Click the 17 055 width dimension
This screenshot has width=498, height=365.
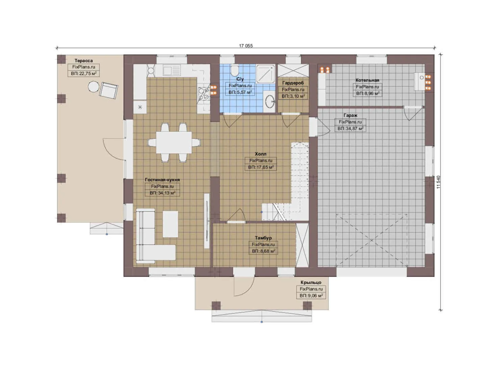click(246, 46)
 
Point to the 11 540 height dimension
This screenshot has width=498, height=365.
click(438, 182)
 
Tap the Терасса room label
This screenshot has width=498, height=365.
click(83, 60)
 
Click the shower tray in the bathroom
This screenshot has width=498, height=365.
click(266, 74)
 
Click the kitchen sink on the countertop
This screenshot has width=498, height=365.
click(171, 70)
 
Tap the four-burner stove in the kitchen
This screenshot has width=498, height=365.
click(204, 93)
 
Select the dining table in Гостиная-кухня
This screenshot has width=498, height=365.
click(174, 142)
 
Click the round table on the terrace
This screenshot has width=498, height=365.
click(94, 87)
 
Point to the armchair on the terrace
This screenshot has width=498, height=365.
click(108, 90)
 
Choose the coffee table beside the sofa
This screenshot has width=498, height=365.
click(170, 224)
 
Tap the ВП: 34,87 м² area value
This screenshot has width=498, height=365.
click(350, 128)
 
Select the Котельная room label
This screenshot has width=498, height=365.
click(367, 80)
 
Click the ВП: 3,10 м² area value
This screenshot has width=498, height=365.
click(293, 96)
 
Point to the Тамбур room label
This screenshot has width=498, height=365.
click(263, 238)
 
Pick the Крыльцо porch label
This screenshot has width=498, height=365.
click(311, 283)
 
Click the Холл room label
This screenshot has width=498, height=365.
click(260, 154)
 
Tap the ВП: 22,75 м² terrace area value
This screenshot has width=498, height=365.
click(83, 73)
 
